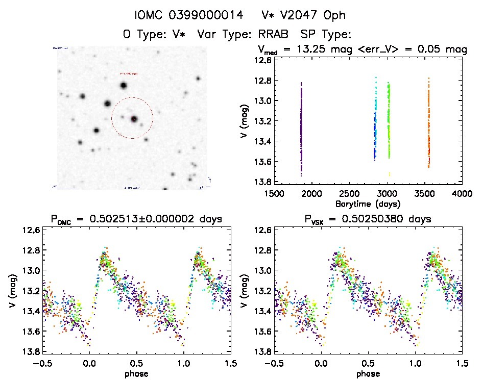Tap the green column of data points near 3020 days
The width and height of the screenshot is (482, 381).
click(389, 120)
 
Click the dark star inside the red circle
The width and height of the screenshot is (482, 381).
click(134, 119)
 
